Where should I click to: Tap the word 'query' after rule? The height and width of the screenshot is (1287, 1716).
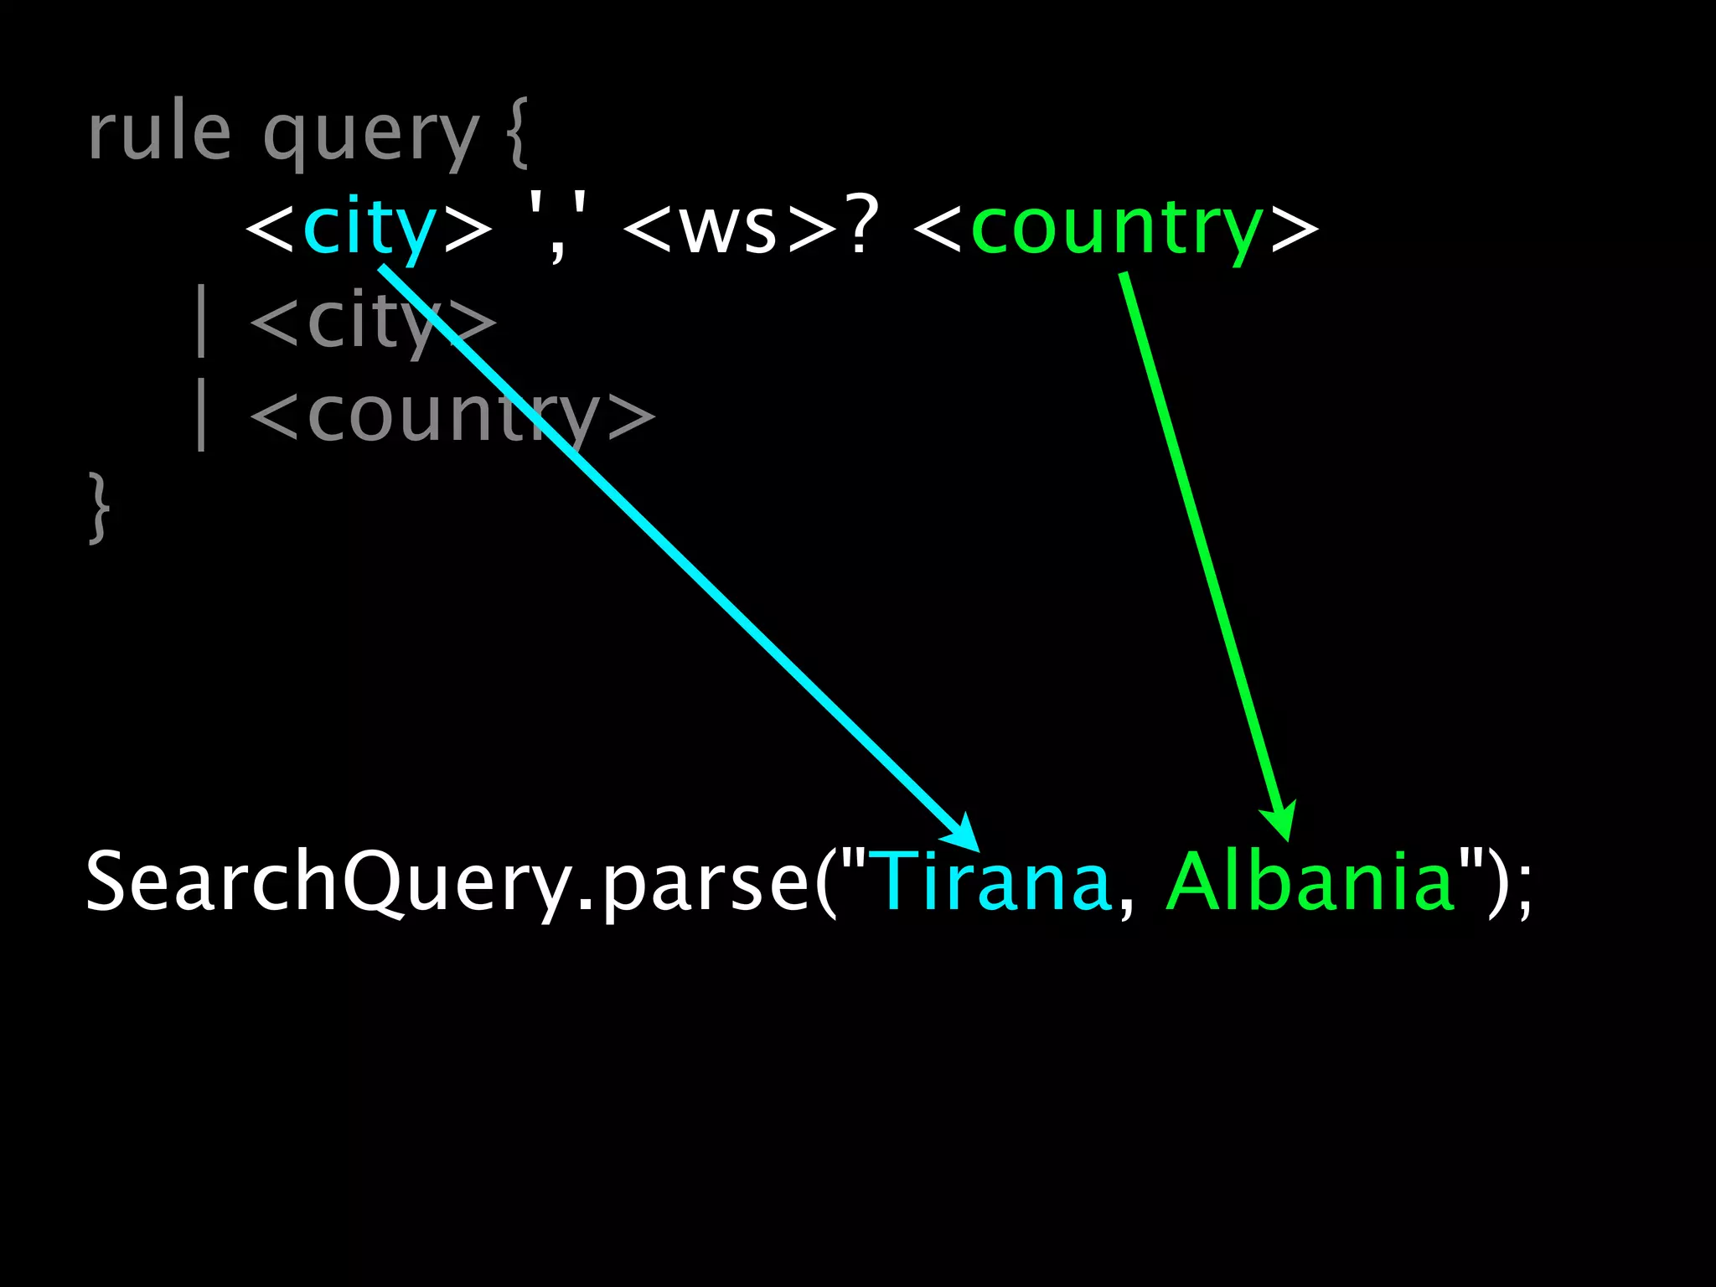click(x=370, y=138)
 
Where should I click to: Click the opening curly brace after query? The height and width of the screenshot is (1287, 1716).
click(x=519, y=134)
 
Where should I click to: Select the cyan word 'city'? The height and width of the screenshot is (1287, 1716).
click(x=369, y=228)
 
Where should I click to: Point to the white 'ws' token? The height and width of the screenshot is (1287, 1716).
click(x=728, y=230)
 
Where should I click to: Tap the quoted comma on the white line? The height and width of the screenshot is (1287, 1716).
click(x=557, y=228)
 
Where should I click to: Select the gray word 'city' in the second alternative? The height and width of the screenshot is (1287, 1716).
click(x=373, y=323)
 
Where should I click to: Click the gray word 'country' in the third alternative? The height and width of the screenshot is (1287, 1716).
click(x=452, y=416)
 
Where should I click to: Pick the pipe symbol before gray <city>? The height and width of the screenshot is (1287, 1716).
click(x=200, y=321)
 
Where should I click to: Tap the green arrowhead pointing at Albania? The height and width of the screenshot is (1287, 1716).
click(x=1279, y=821)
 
